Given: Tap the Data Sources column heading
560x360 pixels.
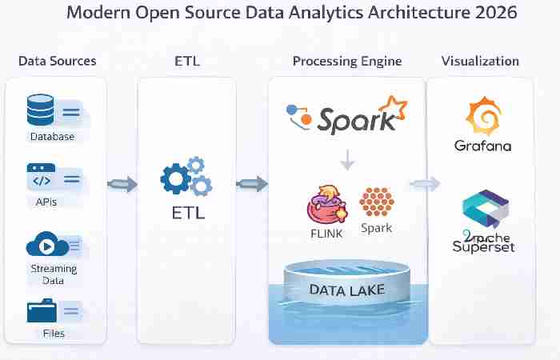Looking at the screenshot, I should [x=57, y=61].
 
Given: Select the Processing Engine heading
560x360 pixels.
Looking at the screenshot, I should [x=347, y=61].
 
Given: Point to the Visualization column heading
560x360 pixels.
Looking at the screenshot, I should [x=480, y=61].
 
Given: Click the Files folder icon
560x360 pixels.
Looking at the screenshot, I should [x=42, y=310].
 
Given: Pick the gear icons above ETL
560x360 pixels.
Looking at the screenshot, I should [x=186, y=178].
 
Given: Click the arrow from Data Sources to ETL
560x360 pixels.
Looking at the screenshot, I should [x=122, y=185].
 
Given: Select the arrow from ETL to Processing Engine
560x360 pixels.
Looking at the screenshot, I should [x=252, y=185].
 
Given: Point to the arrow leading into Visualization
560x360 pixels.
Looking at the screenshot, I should [x=424, y=184].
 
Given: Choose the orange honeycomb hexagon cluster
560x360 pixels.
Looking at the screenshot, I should [x=375, y=202].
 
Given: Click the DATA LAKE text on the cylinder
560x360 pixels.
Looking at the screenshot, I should [x=347, y=290].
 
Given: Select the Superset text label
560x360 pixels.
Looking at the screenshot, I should [x=482, y=246].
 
